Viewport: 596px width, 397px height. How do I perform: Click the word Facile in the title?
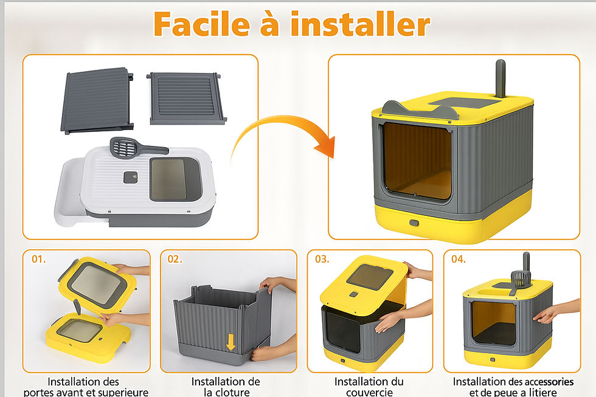point(202,24)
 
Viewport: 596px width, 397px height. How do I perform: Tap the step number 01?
point(39,260)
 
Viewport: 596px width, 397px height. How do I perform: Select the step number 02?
point(175,260)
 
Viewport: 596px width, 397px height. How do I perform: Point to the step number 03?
point(322,260)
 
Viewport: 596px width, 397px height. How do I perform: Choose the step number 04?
point(459,260)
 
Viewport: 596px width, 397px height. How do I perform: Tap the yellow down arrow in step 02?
point(230,342)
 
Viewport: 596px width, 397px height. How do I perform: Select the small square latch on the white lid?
point(130,177)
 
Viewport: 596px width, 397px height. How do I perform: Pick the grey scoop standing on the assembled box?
point(500,78)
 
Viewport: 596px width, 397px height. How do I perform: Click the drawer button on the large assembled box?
point(414,223)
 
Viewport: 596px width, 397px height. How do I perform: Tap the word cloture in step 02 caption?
point(232,392)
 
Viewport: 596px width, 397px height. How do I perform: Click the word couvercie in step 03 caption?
point(370,392)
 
